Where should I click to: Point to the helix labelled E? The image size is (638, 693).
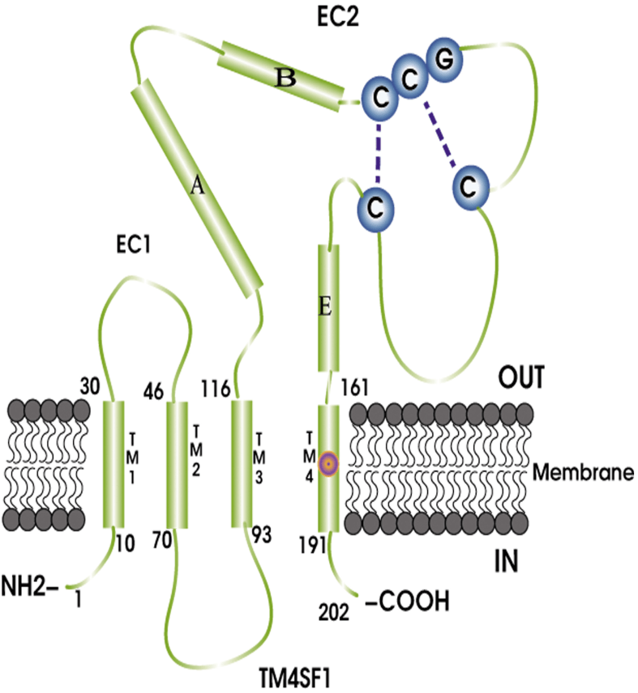tap(328, 308)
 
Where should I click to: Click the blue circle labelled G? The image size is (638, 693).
tap(444, 62)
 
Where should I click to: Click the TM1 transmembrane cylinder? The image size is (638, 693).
tap(113, 464)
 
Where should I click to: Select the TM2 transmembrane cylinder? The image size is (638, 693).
tap(177, 464)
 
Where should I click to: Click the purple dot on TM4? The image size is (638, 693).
tap(328, 464)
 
